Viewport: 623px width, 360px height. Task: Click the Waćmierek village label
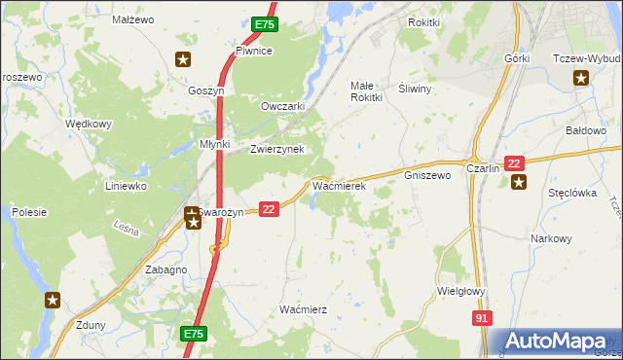coord(338,184)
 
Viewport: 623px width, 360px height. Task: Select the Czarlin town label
coord(483,167)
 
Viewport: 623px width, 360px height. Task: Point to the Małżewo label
coord(133,19)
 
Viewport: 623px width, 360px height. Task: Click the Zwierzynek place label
coord(277,149)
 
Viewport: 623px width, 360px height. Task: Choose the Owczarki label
coord(283,106)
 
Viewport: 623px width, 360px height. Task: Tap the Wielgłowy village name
coord(461,290)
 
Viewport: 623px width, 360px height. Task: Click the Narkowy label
coord(551,237)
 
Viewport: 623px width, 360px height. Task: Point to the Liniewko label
coord(126,185)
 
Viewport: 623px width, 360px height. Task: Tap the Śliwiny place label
coord(416,88)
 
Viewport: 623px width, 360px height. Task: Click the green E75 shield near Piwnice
coord(265,24)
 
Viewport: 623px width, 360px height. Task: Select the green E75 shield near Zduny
coord(195,334)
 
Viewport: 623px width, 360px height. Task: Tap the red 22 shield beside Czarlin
coord(515,162)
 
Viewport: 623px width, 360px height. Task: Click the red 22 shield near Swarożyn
coord(271,208)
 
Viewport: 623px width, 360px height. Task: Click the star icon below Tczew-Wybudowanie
coord(582,79)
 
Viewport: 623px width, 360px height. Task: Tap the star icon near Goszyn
coord(182,60)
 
